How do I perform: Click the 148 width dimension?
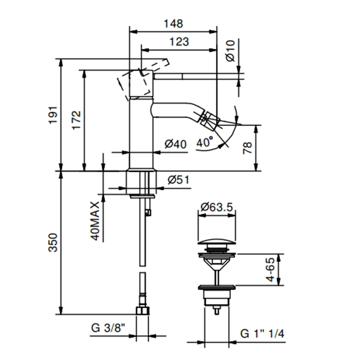pyautogui.click(x=174, y=24)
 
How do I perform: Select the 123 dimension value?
pyautogui.click(x=178, y=42)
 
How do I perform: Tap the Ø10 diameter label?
pyautogui.click(x=230, y=51)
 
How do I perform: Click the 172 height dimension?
pyautogui.click(x=76, y=121)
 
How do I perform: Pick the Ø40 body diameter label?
pyautogui.click(x=175, y=145)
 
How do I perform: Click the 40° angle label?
pyautogui.click(x=204, y=142)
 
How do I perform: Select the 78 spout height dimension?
pyautogui.click(x=248, y=148)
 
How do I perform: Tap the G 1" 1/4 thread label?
pyautogui.click(x=262, y=334)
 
